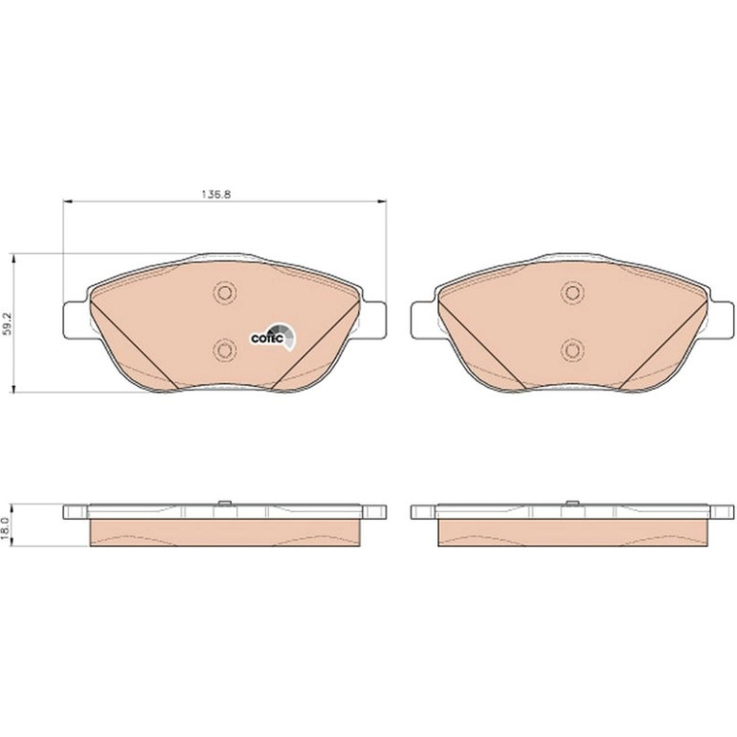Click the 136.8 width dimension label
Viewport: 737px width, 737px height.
point(215,194)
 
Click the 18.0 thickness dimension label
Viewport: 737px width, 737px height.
point(7,526)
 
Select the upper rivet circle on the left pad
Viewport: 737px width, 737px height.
point(225,293)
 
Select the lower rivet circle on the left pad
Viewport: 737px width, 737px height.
point(225,349)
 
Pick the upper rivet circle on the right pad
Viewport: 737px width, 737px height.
point(572,293)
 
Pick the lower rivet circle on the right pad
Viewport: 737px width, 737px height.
point(572,349)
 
